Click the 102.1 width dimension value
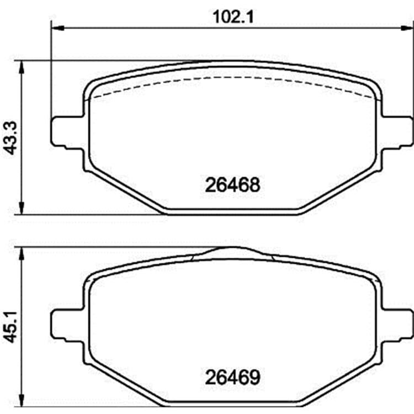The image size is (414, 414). pos(233,17)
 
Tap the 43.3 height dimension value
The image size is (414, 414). pos(11,138)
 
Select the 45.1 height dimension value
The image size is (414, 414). pos(11,327)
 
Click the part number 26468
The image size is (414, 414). pos(232,185)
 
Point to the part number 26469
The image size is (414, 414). pos(232,378)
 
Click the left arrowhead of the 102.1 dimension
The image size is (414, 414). pos(57,28)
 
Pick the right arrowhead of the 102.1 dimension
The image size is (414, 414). pos(407,28)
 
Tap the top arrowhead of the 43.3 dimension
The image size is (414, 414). pos(22,67)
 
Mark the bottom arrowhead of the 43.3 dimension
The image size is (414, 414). pos(22,208)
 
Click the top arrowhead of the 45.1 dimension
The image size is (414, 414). pos(22,254)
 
